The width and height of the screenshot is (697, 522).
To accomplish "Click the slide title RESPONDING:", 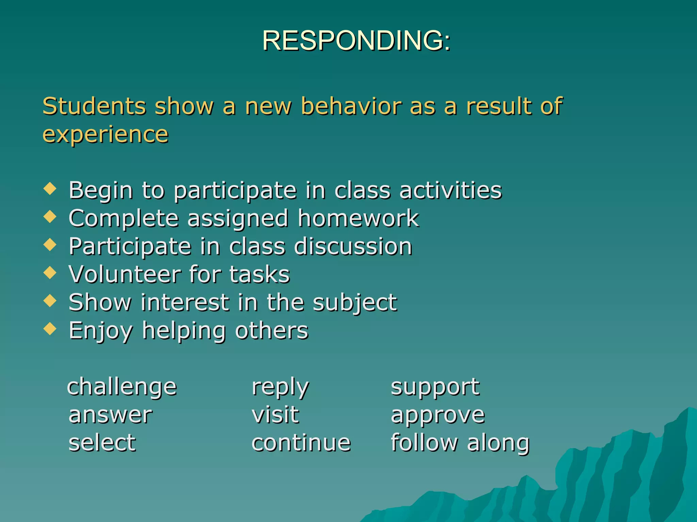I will tap(356, 41).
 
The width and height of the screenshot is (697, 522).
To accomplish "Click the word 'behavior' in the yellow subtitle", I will tap(351, 106).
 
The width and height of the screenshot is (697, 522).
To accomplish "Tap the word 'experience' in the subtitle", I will tap(106, 135).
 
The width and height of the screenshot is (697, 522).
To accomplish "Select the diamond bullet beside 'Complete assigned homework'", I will tap(50, 216).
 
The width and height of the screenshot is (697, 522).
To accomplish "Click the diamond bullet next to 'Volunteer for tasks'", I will tap(50, 273).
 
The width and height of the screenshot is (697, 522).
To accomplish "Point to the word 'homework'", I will tap(358, 218).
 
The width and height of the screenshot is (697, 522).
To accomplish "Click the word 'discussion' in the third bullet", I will tap(353, 246).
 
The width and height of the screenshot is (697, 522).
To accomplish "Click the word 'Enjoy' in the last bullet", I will tap(101, 331).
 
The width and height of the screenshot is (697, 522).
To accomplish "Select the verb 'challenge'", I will tap(122, 387).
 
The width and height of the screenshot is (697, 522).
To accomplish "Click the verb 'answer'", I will tap(110, 415).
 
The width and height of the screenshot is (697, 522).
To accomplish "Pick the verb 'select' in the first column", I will tap(102, 443).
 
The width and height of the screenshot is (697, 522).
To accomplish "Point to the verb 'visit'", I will tap(275, 415).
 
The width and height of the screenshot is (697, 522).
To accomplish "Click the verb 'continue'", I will tap(301, 443).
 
